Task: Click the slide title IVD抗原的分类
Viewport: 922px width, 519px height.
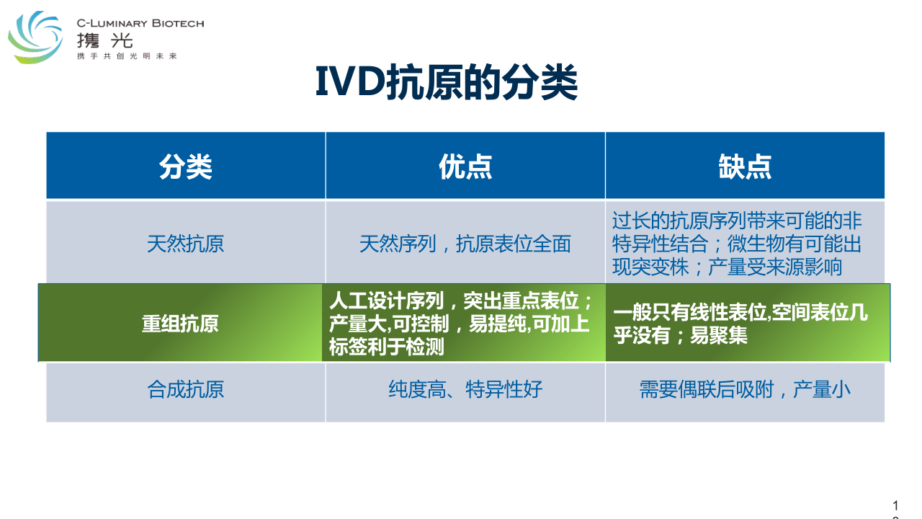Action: click(x=447, y=82)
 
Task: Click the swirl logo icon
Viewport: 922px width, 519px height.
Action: click(x=35, y=37)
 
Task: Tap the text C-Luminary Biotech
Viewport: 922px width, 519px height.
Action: click(x=140, y=24)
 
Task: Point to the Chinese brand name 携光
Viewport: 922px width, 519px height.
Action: click(x=105, y=41)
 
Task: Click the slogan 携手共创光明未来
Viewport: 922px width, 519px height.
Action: click(x=127, y=56)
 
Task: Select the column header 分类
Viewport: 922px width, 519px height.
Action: click(x=186, y=167)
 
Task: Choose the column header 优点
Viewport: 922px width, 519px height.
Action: click(x=465, y=167)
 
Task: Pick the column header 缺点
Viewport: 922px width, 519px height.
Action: click(x=745, y=167)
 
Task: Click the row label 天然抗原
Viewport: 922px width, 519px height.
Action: click(x=186, y=244)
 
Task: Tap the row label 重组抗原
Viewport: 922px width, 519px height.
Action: click(x=180, y=324)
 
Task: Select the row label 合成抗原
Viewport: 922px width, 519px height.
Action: click(x=186, y=389)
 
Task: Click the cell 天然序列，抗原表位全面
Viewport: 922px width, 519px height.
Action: click(x=465, y=244)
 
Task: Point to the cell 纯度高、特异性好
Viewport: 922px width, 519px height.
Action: click(x=465, y=389)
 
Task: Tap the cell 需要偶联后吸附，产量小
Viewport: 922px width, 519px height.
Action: click(x=745, y=389)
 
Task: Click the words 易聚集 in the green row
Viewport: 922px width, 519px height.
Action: click(x=719, y=335)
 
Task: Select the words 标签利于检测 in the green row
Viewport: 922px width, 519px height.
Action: click(x=387, y=347)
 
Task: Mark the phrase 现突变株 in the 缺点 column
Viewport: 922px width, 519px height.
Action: click(x=650, y=267)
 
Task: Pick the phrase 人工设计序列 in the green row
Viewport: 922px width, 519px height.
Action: click(x=387, y=301)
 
